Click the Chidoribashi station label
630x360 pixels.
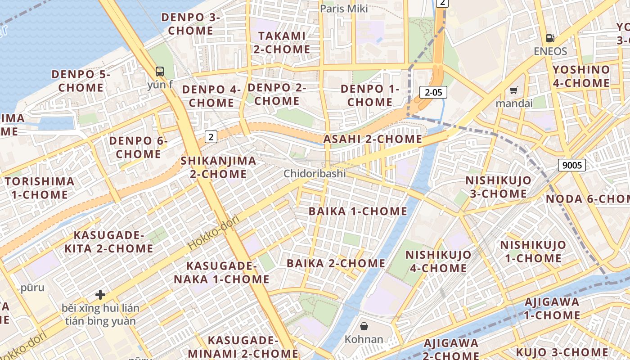point(315,173)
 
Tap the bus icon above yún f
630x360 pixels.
point(160,71)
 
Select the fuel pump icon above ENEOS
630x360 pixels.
point(550,38)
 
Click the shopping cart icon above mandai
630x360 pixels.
point(513,90)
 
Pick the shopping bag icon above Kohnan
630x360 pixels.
point(364,326)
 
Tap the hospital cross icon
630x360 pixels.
point(100,295)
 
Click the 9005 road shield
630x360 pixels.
point(572,165)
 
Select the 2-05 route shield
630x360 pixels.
point(433,93)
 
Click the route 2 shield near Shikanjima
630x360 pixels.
point(211,136)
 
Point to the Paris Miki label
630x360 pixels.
point(344,9)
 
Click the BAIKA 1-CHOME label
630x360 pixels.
point(358,211)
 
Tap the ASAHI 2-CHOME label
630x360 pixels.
point(373,139)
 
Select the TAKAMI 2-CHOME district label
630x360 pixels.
point(282,42)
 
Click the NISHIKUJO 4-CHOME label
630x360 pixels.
point(438,261)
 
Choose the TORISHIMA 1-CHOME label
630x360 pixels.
point(39,188)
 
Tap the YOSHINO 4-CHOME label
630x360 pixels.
point(581,76)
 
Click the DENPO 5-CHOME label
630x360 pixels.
point(81,81)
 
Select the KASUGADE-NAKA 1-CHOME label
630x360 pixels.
point(221,273)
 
